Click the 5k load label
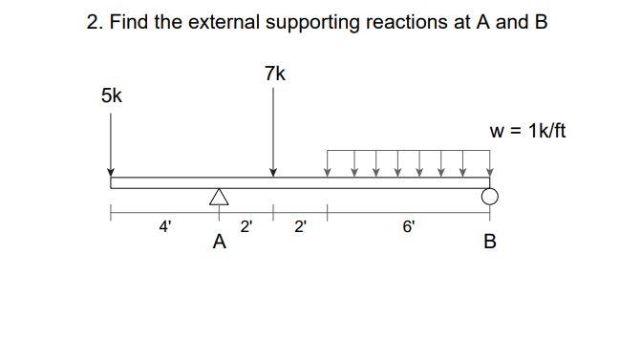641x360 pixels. (111, 95)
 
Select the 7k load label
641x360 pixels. (274, 74)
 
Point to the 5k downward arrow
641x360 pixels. (110, 143)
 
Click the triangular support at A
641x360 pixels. (220, 198)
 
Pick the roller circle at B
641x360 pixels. (490, 197)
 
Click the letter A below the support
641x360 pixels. (220, 243)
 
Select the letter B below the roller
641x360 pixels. (490, 243)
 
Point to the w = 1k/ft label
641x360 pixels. (527, 131)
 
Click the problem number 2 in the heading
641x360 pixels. (94, 22)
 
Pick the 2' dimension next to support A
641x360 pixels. (246, 226)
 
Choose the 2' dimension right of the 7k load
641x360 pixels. (301, 226)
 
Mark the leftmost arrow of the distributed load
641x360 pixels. (329, 163)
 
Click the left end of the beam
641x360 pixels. (113, 182)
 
